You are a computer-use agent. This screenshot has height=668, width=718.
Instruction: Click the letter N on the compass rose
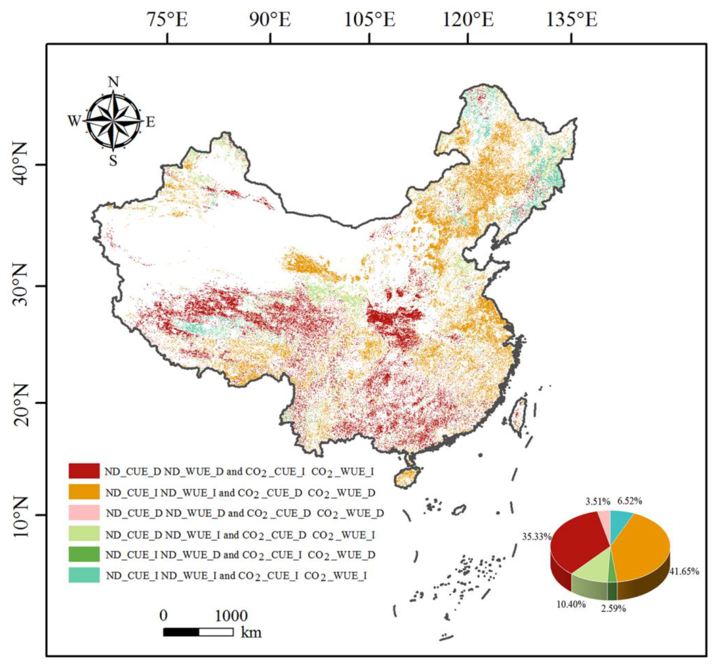point(113,82)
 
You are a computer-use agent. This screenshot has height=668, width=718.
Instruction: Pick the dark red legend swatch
point(84,471)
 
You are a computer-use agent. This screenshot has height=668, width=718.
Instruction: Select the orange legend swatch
point(84,492)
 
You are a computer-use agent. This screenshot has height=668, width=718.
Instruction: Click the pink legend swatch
point(84,512)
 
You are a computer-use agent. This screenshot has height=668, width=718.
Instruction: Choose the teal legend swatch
point(84,575)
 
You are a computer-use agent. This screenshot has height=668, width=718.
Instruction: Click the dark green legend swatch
point(84,554)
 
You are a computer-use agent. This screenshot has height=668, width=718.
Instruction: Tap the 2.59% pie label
point(613,608)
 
